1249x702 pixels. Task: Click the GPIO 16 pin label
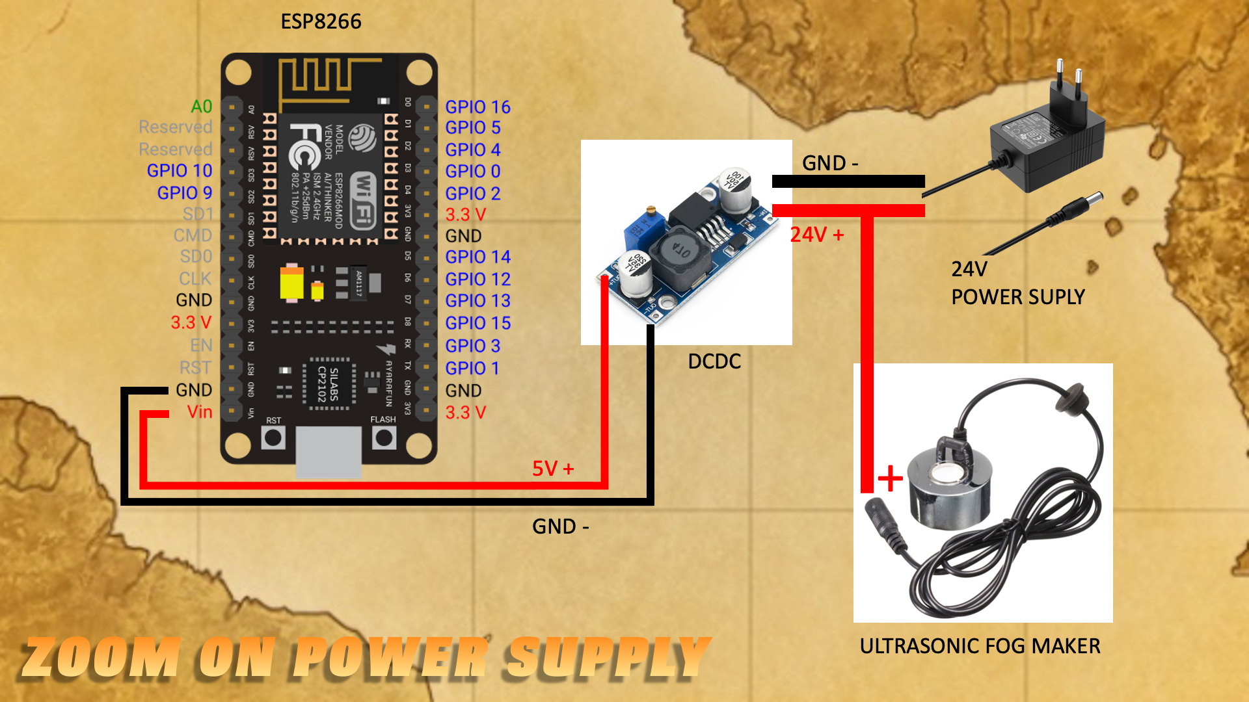477,107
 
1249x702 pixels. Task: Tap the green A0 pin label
201,107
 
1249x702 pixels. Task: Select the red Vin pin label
200,412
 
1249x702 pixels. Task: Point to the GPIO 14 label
477,257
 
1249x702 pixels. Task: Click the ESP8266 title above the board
321,21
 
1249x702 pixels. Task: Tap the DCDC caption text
714,361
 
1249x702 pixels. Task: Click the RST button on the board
273,437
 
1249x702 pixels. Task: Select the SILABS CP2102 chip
329,383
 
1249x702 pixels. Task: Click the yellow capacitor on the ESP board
291,283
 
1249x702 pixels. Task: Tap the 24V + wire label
817,235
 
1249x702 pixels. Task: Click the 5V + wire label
553,469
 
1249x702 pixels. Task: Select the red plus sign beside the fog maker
891,479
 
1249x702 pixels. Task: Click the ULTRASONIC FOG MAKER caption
980,646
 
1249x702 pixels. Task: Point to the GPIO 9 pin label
185,193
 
